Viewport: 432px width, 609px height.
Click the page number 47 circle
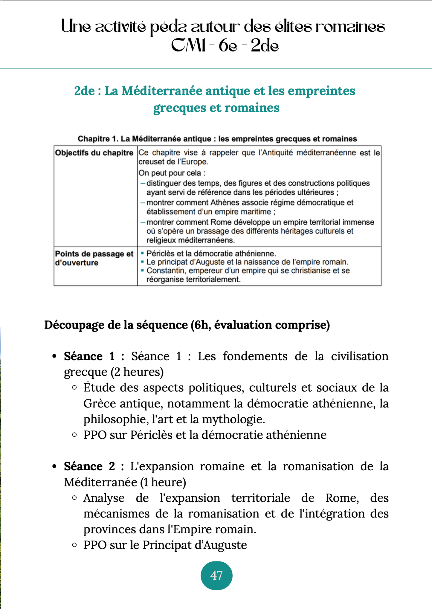click(216, 575)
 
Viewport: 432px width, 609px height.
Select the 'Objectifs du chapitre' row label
click(94, 153)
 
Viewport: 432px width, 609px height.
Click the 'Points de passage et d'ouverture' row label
click(94, 258)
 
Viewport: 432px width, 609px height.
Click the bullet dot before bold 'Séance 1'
click(54, 356)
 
